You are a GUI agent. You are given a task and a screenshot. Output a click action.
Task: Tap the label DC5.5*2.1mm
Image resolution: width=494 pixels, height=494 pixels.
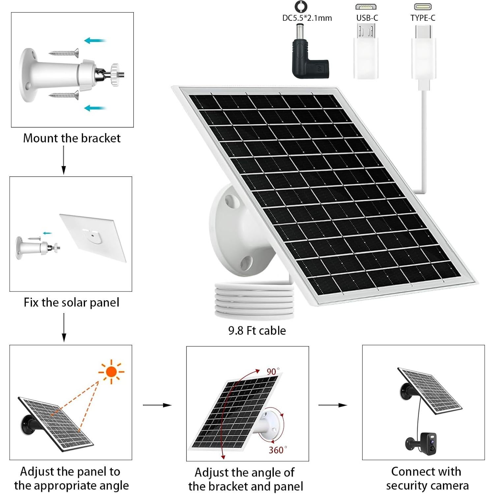click(307, 18)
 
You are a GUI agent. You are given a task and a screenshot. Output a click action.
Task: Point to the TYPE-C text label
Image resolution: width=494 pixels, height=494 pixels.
click(423, 18)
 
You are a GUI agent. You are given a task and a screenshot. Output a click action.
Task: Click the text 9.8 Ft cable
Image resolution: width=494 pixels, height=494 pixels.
click(257, 331)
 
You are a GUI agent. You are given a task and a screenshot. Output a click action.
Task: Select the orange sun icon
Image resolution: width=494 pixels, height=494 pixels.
click(111, 372)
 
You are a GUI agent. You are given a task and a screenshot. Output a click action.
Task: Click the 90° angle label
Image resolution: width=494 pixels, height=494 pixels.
click(273, 371)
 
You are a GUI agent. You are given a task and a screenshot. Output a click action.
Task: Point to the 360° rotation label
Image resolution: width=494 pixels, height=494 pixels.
click(277, 450)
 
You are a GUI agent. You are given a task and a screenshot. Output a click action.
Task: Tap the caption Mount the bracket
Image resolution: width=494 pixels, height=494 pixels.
click(72, 138)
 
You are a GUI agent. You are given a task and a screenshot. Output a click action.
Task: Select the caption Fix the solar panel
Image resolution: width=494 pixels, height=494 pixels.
click(72, 303)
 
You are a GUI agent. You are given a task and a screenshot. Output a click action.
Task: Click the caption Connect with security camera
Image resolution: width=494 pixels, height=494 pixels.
click(427, 479)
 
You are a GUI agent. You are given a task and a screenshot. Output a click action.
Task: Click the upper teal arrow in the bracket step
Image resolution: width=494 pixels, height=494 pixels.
click(95, 41)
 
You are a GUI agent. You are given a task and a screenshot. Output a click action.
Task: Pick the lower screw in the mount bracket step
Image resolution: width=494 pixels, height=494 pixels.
click(64, 95)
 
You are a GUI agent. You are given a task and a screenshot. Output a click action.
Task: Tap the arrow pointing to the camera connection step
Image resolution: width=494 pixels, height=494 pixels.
click(333, 405)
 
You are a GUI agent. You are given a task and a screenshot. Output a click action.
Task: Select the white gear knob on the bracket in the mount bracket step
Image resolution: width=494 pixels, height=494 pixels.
click(115, 75)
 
